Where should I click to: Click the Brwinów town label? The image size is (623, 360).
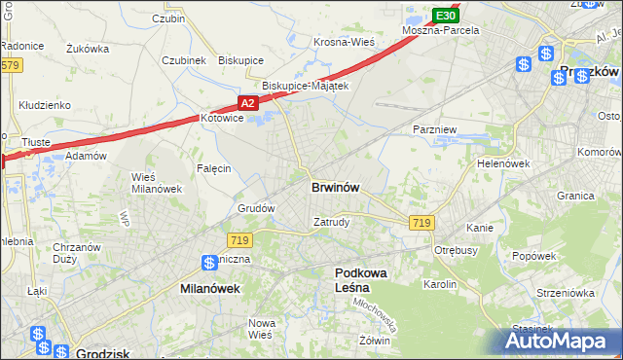338,187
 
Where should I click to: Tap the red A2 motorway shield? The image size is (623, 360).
247,102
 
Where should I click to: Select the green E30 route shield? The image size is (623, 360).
445,16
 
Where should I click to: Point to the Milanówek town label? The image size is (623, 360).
210,289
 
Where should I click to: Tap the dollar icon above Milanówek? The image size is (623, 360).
209,263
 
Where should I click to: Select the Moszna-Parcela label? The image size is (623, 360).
441,31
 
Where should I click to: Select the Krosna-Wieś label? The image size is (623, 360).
344,43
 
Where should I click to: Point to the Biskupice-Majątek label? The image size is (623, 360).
299,86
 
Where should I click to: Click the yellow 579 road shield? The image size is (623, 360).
10,65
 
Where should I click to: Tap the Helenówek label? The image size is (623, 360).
502,163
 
